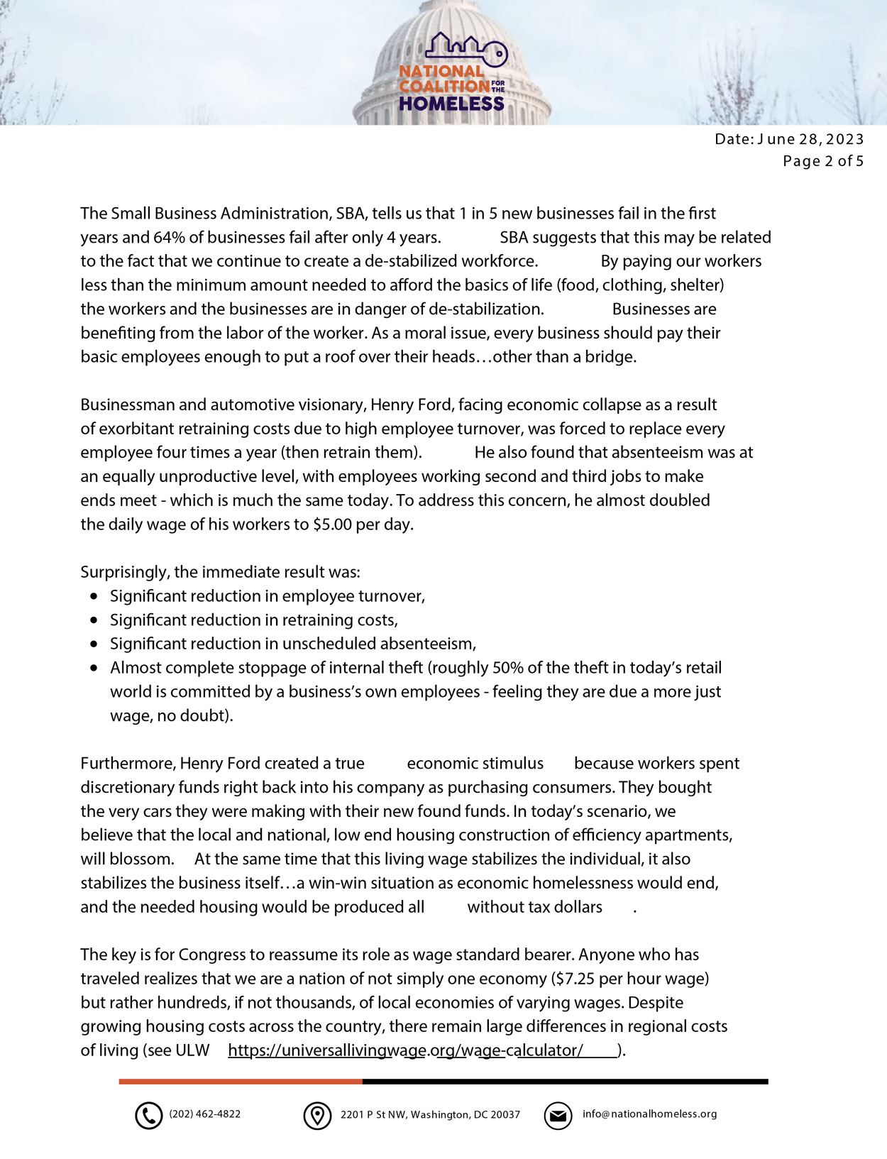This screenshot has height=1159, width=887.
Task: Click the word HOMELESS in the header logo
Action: [x=451, y=104]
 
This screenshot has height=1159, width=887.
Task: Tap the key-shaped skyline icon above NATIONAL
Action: [x=466, y=48]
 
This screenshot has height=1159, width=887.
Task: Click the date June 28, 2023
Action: [x=811, y=139]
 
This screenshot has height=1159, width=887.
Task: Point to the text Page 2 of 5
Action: [x=823, y=161]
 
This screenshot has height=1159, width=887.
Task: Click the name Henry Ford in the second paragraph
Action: [x=410, y=405]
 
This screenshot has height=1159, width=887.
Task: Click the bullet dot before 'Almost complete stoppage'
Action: [x=95, y=668]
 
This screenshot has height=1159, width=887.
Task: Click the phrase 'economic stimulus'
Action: [x=475, y=764]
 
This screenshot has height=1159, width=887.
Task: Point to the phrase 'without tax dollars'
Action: [x=534, y=907]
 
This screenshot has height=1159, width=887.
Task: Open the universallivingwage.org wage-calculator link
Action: [x=405, y=1050]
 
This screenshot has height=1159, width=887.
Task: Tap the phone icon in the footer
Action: [x=148, y=1116]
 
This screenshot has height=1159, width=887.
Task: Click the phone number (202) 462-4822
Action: [x=204, y=1114]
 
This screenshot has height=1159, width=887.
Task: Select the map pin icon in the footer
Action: [x=317, y=1116]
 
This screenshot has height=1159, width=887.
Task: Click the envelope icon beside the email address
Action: [x=558, y=1116]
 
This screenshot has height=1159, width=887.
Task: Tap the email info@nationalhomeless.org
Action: [x=649, y=1114]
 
